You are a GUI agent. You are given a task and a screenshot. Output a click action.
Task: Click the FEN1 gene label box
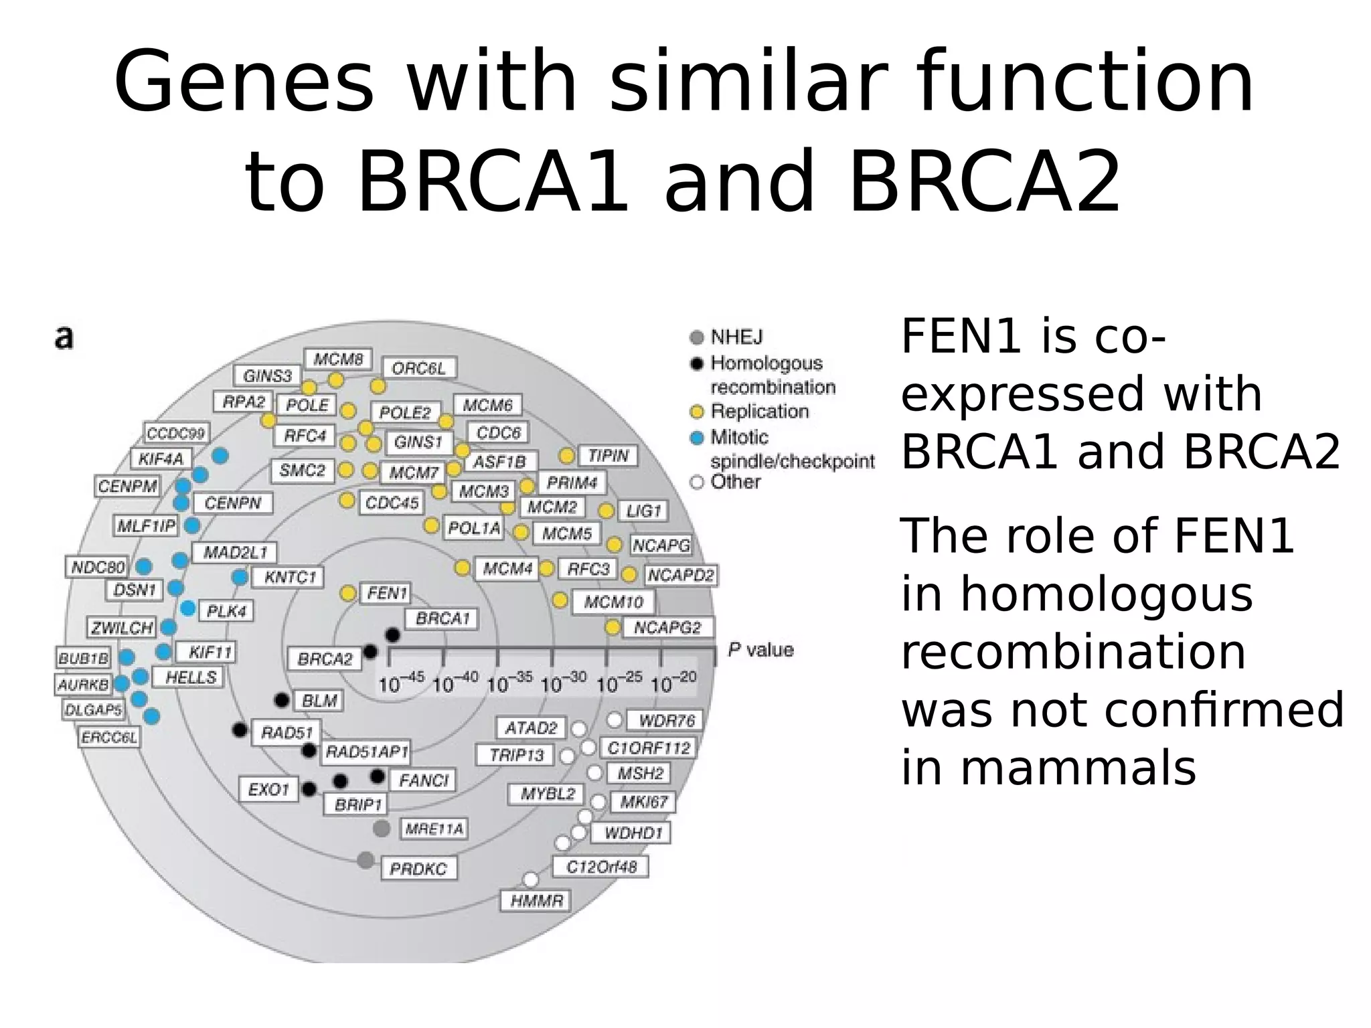coord(386,593)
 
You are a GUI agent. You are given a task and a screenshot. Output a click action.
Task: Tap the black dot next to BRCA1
coord(393,634)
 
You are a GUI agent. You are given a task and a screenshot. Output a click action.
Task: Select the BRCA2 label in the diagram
coord(325,659)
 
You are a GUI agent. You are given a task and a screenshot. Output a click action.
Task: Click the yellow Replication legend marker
coord(697,412)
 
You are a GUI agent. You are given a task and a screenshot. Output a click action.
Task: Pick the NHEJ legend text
coord(736,337)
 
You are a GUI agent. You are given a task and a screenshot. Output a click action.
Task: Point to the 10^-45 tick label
coord(400,683)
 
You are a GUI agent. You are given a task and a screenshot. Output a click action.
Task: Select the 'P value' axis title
coord(760,650)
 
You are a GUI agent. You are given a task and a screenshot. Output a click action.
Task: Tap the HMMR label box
coord(536,900)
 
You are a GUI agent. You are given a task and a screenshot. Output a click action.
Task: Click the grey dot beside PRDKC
coord(366,860)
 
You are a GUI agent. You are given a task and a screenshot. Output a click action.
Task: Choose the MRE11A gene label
coord(433,829)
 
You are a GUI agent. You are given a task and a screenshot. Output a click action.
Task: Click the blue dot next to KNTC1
coord(240,577)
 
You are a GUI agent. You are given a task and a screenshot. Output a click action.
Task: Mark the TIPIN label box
coord(608,456)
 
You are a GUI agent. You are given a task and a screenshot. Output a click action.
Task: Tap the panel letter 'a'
coord(64,338)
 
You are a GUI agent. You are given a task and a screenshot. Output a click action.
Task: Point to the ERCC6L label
coord(110,738)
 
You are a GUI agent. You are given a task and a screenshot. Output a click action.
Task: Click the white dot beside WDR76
coord(615,720)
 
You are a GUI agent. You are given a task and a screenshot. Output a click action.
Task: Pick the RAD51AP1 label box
coord(366,752)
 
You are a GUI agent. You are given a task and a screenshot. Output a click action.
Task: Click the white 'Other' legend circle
coord(697,482)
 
